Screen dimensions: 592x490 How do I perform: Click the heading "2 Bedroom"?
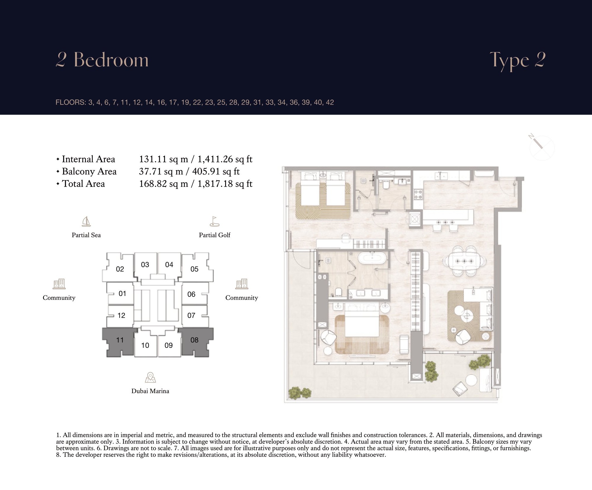tap(102, 60)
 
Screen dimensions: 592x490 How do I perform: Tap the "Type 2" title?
tap(518, 61)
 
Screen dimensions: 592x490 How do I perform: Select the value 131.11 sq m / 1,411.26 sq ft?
tap(196, 159)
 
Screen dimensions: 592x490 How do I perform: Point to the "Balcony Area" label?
tap(89, 172)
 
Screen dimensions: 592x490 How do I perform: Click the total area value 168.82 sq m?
tap(164, 184)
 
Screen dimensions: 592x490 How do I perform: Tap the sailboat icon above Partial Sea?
tap(86, 221)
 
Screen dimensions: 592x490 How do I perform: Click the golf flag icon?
tap(214, 221)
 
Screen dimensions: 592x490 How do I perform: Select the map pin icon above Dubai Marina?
tap(150, 377)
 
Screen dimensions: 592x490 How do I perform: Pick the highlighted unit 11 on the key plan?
tap(120, 341)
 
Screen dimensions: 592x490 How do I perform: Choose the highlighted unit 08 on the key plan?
tap(195, 341)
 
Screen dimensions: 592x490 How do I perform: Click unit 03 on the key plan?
tap(145, 265)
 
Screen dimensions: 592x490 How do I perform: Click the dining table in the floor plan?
tap(464, 261)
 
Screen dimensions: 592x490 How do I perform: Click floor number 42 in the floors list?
tap(330, 103)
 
